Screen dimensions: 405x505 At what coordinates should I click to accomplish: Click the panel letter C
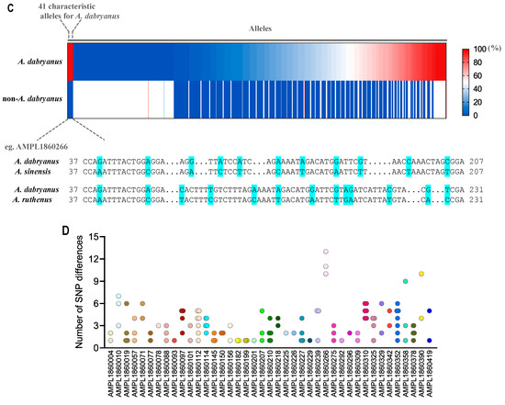[6, 6]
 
